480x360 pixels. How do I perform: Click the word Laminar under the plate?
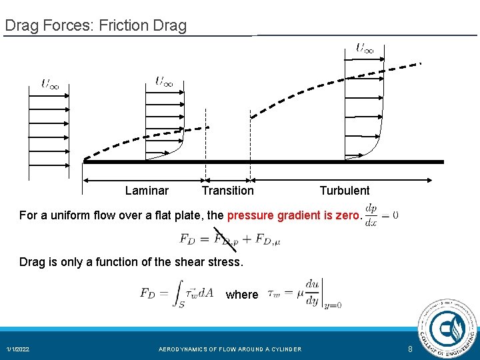point(147,191)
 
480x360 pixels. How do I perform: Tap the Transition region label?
point(227,191)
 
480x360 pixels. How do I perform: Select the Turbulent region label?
point(344,191)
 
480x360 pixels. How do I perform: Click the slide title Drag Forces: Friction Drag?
point(95,25)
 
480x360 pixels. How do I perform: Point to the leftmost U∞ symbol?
point(50,84)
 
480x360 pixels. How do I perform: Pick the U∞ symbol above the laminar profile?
point(164,81)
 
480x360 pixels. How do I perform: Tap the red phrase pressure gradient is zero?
point(293,215)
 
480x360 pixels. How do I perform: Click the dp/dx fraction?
point(371,215)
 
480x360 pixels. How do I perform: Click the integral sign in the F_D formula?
point(177,294)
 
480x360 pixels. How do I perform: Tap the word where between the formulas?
point(242,295)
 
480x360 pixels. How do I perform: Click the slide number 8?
point(410,349)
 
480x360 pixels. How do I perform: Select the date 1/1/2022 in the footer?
point(18,349)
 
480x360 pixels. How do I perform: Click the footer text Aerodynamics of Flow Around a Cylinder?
point(230,349)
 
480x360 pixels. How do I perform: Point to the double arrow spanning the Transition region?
point(228,179)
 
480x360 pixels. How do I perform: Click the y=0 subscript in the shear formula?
point(333,305)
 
